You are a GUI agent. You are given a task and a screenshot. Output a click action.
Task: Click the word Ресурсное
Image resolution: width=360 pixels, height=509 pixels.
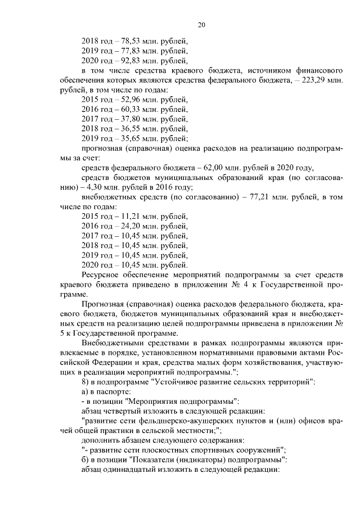(101, 275)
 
